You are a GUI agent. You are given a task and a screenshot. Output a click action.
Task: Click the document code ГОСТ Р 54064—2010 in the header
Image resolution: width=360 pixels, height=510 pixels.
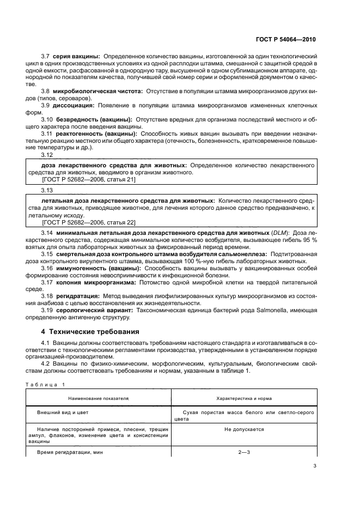point(286,40)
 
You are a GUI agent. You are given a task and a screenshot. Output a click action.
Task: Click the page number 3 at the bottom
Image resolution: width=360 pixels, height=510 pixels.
point(315,465)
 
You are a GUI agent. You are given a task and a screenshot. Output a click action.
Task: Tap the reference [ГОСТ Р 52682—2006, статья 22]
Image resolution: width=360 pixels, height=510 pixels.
point(88,222)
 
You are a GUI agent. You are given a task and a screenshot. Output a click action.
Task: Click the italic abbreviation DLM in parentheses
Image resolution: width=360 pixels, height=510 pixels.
point(280,233)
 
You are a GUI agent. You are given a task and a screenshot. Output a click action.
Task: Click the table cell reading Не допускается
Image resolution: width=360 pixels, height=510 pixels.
point(243,429)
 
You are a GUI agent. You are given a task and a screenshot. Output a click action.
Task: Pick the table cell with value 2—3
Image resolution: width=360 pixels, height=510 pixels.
point(243,452)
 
